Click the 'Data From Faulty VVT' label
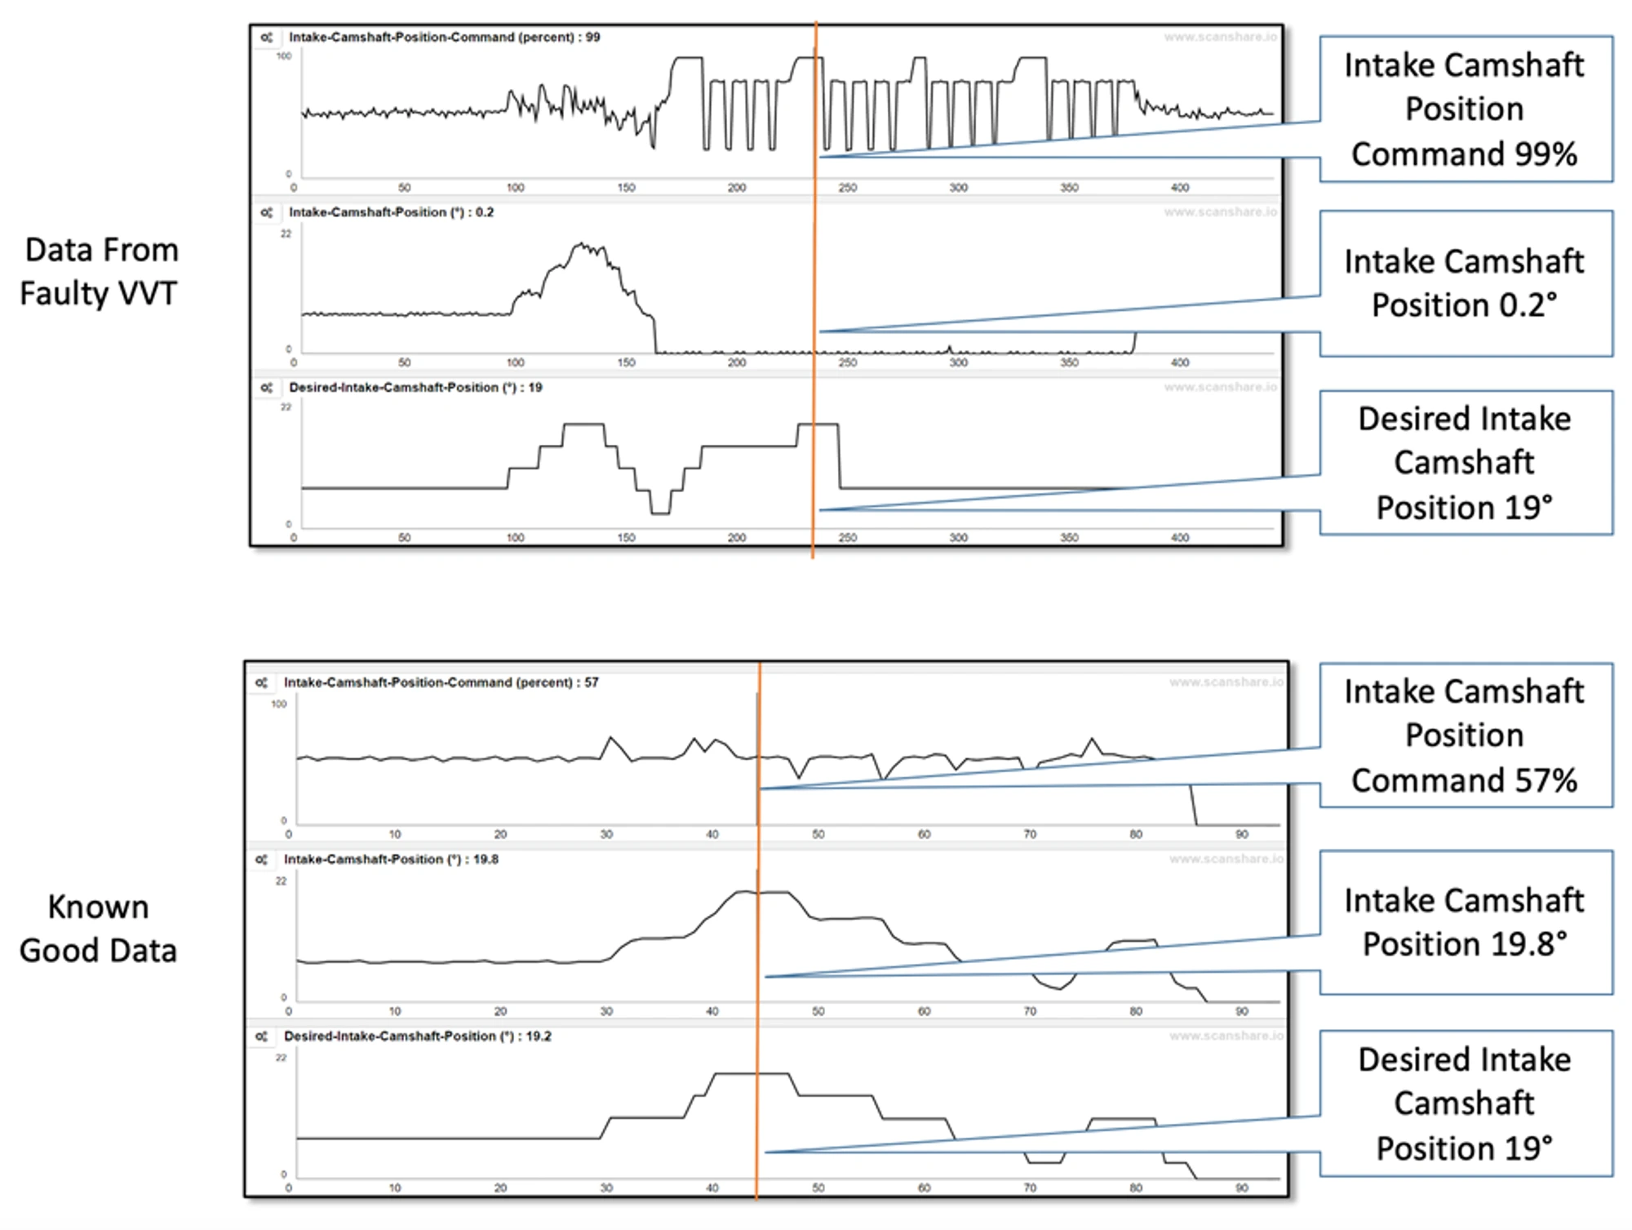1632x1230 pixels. coord(99,271)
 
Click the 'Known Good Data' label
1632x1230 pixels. coord(98,929)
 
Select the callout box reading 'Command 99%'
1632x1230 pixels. coord(1465,109)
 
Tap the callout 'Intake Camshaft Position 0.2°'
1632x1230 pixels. coord(1465,283)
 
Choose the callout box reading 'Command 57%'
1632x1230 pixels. coord(1465,735)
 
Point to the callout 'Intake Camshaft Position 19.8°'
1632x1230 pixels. coord(1465,922)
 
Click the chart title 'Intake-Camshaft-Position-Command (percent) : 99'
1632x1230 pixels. coord(444,38)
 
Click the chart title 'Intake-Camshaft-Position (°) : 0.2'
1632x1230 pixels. coord(391,212)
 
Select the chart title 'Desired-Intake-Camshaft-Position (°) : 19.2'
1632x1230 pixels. coord(417,1036)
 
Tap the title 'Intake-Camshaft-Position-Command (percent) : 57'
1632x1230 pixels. coord(441,682)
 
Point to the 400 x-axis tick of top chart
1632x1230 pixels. coord(1180,188)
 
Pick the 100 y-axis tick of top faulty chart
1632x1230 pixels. coord(283,56)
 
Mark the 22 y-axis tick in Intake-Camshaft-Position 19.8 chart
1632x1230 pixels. coord(281,881)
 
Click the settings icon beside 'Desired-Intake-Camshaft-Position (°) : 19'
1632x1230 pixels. coord(266,388)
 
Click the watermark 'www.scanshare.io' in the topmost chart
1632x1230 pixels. coord(1220,38)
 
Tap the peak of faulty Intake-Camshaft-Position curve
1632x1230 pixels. coord(581,243)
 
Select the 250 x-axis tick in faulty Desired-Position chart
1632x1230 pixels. coord(848,538)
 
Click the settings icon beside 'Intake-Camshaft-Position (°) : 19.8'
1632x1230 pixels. coord(261,859)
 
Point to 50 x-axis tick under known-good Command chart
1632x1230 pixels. coord(818,834)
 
